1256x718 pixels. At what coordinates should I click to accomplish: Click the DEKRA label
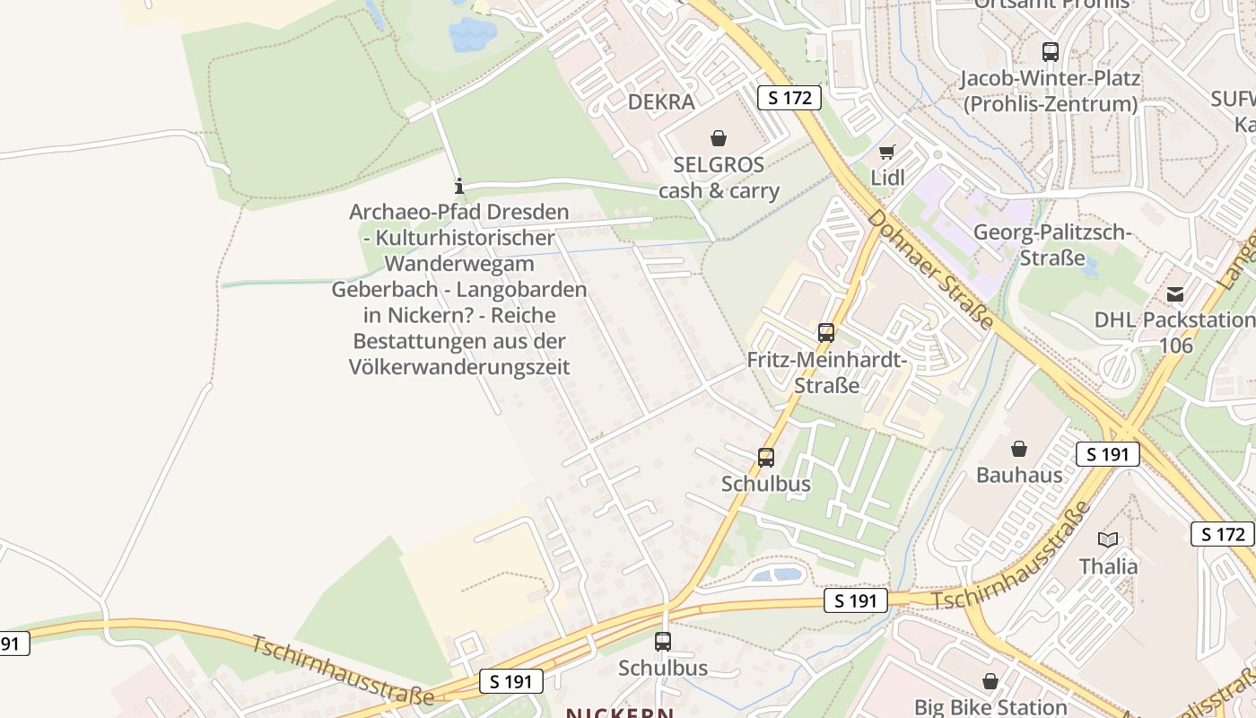pos(661,102)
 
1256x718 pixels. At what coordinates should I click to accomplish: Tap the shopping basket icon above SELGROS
pos(718,138)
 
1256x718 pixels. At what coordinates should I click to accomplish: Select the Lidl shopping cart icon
pos(886,153)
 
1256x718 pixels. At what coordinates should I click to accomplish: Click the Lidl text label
pos(887,178)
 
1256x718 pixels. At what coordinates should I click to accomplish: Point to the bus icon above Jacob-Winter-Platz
pos(1050,52)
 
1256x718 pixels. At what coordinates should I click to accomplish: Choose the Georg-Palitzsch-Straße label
pos(1052,245)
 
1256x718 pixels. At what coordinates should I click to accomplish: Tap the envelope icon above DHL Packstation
pos(1175,294)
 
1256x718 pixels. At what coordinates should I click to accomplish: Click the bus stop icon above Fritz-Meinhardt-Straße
pos(826,333)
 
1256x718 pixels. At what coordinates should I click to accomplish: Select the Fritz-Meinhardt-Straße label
pos(827,372)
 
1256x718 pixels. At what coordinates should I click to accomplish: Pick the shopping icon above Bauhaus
pos(1019,449)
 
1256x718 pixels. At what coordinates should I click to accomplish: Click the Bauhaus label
pos(1019,475)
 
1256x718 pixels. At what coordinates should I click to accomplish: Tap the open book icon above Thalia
pos(1109,539)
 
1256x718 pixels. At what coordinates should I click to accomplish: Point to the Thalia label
pos(1109,566)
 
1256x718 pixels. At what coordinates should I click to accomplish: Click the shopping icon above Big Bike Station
pos(990,682)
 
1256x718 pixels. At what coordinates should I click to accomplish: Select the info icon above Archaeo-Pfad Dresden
pos(459,186)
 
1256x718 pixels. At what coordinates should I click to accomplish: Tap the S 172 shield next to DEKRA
pos(789,98)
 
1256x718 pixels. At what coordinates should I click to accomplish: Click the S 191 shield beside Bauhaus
pos(1107,454)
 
